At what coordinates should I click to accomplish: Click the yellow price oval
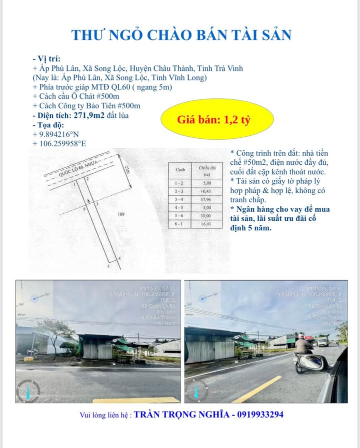pos(217,120)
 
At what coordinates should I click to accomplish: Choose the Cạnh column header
pos(180,170)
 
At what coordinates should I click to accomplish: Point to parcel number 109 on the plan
pos(120,214)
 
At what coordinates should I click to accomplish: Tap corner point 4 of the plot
pos(118,259)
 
